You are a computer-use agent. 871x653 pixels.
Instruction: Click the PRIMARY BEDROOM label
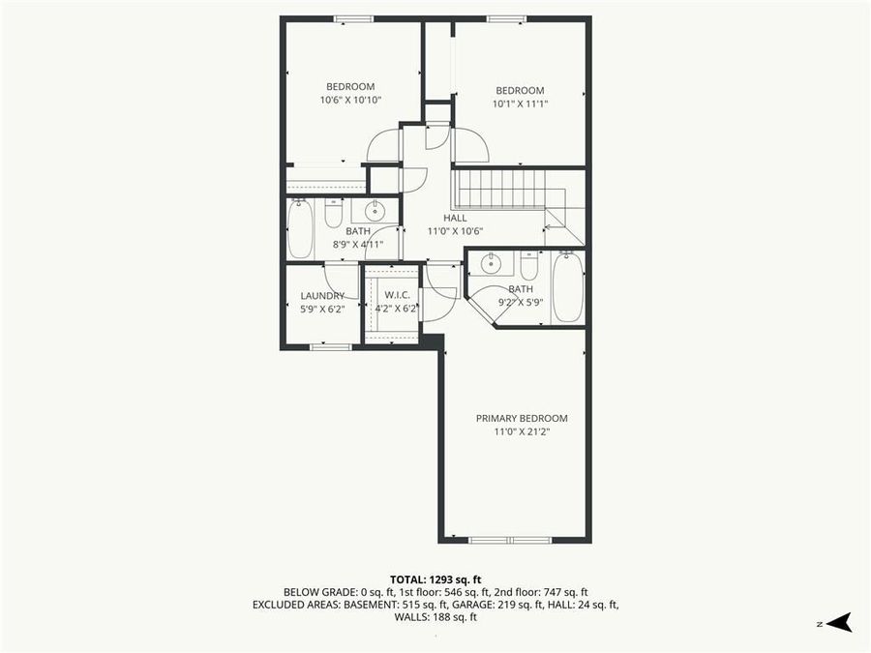coord(521,418)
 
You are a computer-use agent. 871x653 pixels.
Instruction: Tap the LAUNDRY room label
coord(322,296)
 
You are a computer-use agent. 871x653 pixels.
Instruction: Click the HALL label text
coord(455,219)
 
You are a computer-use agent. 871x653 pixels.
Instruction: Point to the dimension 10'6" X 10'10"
coord(349,100)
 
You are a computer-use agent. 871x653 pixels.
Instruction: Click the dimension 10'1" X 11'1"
coord(520,104)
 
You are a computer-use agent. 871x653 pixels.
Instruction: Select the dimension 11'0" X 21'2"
coord(521,431)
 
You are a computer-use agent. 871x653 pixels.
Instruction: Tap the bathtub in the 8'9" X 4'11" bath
coord(300,228)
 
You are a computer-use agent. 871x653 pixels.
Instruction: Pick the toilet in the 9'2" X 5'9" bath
coord(529,265)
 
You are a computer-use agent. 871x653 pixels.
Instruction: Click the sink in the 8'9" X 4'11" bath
coord(374,212)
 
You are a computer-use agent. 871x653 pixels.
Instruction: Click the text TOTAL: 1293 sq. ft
coord(435,577)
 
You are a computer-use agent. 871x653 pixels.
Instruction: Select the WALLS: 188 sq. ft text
coord(435,617)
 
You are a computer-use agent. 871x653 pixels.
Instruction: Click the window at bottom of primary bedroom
coord(510,540)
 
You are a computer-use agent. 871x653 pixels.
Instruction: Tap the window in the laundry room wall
coord(330,345)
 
